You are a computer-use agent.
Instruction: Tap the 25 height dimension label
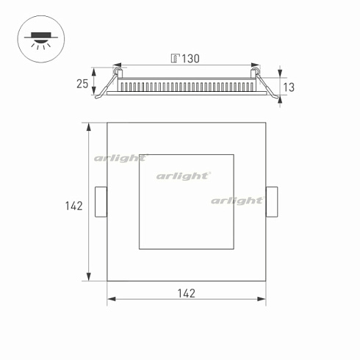82,84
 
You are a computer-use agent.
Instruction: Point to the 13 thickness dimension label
288,87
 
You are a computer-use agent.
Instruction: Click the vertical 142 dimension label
73,206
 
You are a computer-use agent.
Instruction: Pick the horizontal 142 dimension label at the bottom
187,293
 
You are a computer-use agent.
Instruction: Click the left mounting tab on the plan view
101,202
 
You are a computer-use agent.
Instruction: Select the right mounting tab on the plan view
271,203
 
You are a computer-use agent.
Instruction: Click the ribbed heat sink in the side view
187,86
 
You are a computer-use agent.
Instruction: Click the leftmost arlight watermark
120,158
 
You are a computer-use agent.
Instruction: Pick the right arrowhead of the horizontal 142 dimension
262,299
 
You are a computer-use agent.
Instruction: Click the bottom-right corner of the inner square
234,248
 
